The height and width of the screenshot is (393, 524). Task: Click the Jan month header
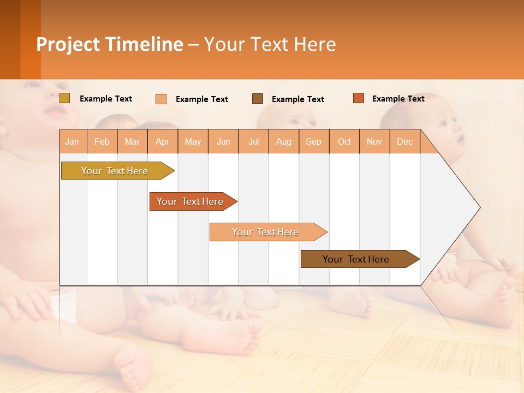click(72, 141)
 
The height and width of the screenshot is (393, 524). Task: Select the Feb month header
click(102, 141)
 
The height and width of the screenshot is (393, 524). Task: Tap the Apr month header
click(162, 141)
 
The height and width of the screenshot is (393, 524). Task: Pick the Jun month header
click(223, 141)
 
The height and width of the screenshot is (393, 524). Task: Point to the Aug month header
click(283, 141)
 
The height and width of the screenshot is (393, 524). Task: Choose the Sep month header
click(313, 141)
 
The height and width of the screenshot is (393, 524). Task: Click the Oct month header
click(344, 141)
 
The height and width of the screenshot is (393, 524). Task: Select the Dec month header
click(404, 141)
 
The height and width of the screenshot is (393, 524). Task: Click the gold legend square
click(65, 98)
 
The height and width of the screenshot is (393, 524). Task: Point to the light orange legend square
click(161, 99)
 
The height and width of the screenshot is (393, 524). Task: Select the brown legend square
click(258, 99)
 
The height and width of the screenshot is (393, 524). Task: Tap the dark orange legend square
click(358, 98)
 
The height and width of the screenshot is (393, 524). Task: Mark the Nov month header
click(374, 141)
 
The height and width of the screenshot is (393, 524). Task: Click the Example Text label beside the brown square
click(297, 99)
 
